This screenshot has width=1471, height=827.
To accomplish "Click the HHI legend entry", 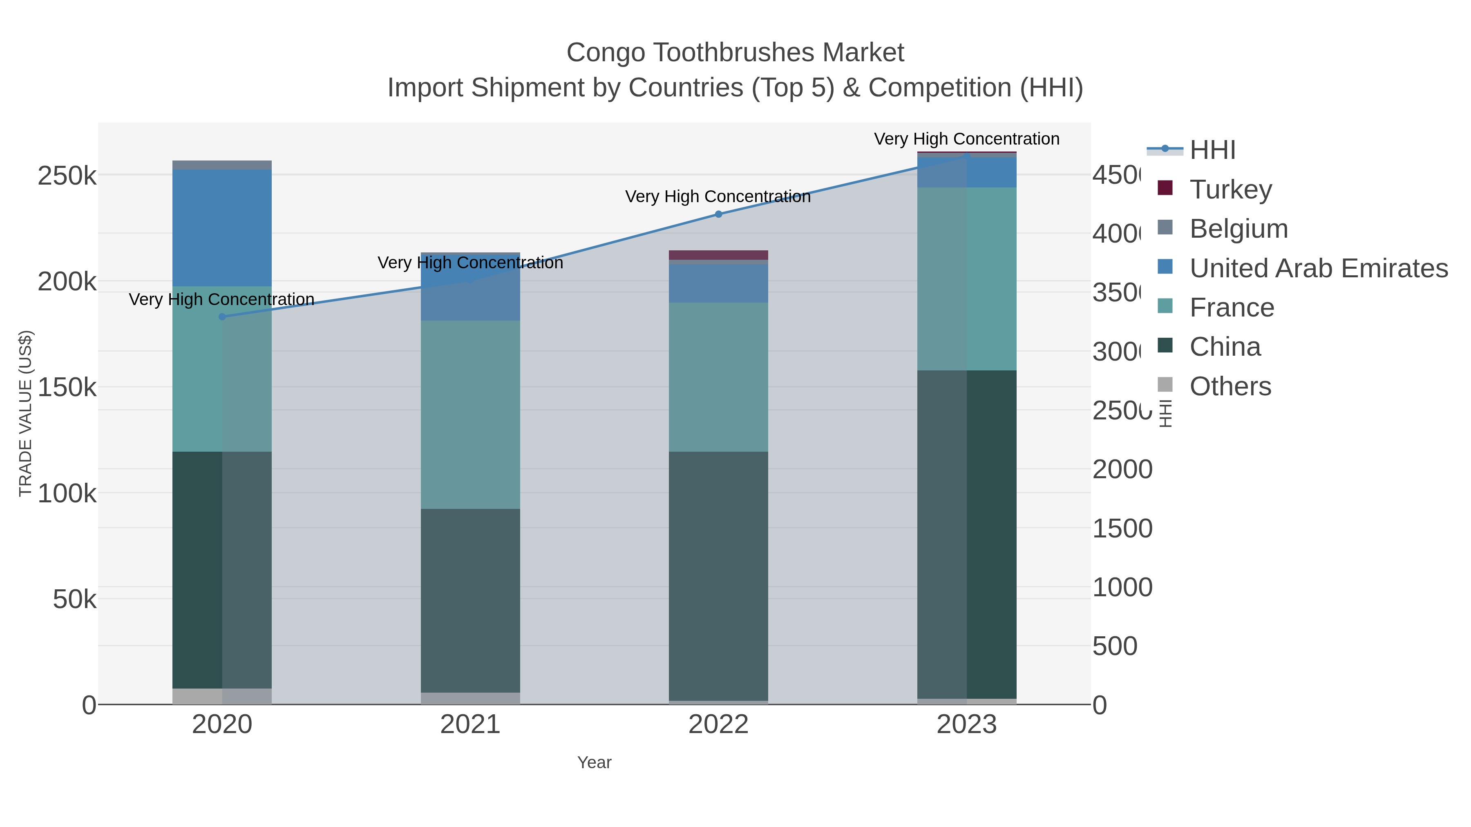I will pos(1212,150).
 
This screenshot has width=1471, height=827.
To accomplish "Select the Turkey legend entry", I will pos(1231,189).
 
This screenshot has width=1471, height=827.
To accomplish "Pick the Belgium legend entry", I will pos(1239,229).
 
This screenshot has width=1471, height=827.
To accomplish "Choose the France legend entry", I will pos(1232,308).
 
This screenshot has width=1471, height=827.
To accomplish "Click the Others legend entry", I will pos(1230,386).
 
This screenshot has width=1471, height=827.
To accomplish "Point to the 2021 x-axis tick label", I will pos(470,724).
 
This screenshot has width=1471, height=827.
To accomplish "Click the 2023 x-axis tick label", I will pos(966,724).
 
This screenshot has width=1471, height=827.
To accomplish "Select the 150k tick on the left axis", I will pos(67,388).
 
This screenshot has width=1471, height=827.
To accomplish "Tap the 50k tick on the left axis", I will pos(74,599).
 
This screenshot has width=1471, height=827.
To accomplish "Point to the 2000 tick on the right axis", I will pos(1122,470).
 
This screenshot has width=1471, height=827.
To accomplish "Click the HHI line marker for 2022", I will pos(718,214).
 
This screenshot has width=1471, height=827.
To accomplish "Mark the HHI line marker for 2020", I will pos(222,317).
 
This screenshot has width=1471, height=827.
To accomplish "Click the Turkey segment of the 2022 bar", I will pos(718,254).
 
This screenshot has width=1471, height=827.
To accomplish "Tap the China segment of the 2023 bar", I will pos(966,534).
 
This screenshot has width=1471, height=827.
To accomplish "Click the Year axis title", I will pos(594,762).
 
